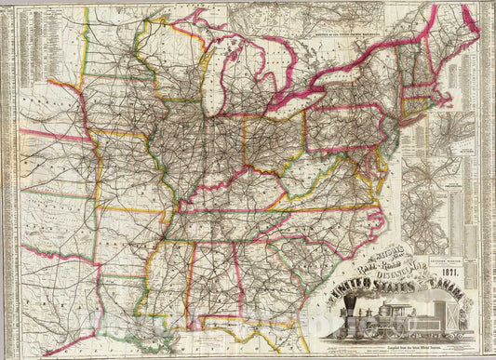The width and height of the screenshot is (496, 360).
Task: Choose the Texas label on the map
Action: point(56,298)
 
